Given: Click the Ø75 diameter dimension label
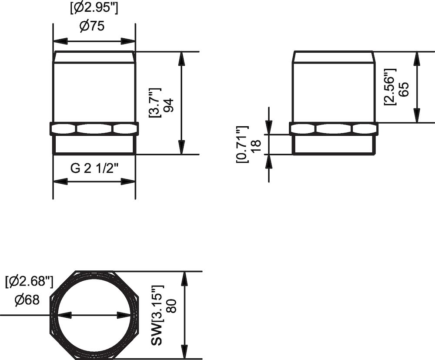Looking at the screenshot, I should pyautogui.click(x=92, y=26).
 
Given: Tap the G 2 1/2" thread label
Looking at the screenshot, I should pyautogui.click(x=94, y=168).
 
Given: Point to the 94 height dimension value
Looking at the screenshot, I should pyautogui.click(x=168, y=105).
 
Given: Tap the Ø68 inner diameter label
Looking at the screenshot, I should pyautogui.click(x=27, y=300).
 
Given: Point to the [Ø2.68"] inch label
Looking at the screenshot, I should pyautogui.click(x=29, y=282).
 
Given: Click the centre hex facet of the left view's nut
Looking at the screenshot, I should pyautogui.click(x=94, y=129).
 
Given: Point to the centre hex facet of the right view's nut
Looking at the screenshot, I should pyautogui.click(x=334, y=129).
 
